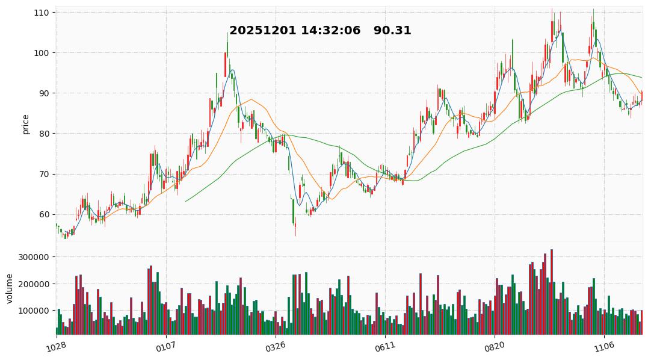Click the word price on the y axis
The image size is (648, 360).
pos(25,124)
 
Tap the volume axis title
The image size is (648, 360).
pos(9,288)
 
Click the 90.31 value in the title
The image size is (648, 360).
pos(392,31)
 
